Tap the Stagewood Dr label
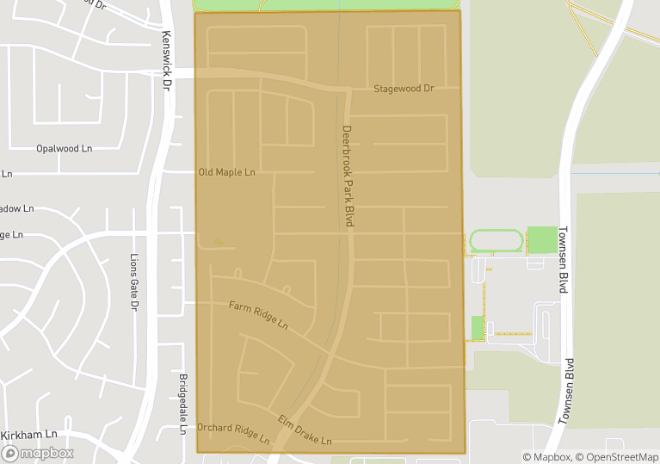click(x=404, y=89)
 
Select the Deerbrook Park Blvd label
click(x=349, y=176)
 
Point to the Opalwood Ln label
click(x=64, y=148)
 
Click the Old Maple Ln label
click(x=227, y=172)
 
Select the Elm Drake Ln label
click(x=304, y=430)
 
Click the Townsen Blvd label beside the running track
click(x=564, y=260)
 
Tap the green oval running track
click(x=496, y=241)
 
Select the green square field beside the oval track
click(x=542, y=240)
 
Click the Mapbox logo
click(x=38, y=453)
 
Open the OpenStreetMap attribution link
click(x=618, y=457)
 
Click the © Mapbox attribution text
click(x=546, y=457)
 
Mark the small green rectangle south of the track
click(x=478, y=328)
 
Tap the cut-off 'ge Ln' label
click(x=11, y=234)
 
